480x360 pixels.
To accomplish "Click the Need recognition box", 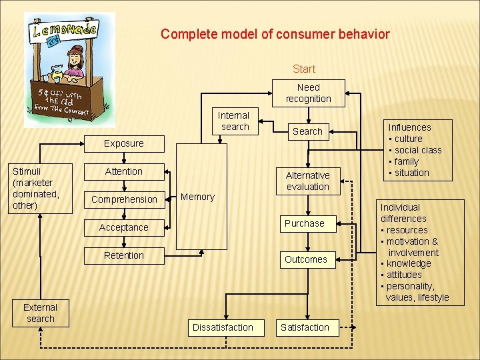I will click(x=308, y=93).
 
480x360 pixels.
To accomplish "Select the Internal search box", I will click(x=234, y=121).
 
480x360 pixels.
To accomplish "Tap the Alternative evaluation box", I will click(x=307, y=181).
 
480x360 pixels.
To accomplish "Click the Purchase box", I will click(x=305, y=223).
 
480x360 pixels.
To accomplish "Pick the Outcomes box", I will click(x=305, y=259).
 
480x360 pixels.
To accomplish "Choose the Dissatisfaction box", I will click(x=223, y=327).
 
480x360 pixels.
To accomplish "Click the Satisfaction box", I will click(x=305, y=327).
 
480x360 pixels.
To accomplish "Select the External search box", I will click(x=41, y=313).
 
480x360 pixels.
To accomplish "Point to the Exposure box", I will click(x=123, y=143).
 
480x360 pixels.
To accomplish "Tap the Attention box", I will click(x=123, y=171).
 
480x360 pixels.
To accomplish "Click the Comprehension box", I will click(x=124, y=199).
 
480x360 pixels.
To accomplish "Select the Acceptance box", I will click(x=123, y=227).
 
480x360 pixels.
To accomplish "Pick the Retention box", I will click(x=123, y=255).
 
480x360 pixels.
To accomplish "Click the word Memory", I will click(x=198, y=197).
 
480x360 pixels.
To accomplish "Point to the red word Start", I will click(x=304, y=69).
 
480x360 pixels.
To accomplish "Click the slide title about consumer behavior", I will click(x=275, y=34).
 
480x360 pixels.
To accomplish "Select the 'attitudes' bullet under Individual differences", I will click(x=403, y=275).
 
